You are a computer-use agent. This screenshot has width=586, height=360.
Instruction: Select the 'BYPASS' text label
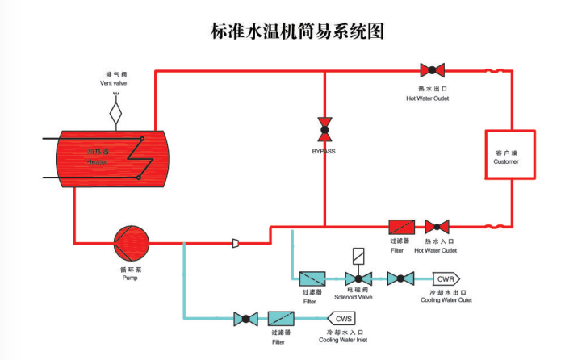point(324,151)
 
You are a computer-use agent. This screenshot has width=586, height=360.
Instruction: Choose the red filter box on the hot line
point(401,227)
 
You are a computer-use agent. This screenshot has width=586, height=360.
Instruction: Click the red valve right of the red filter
point(437,227)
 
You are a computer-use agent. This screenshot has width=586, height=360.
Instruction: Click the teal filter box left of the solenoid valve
point(312,278)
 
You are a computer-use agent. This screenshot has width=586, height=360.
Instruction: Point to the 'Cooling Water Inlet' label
point(343,340)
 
